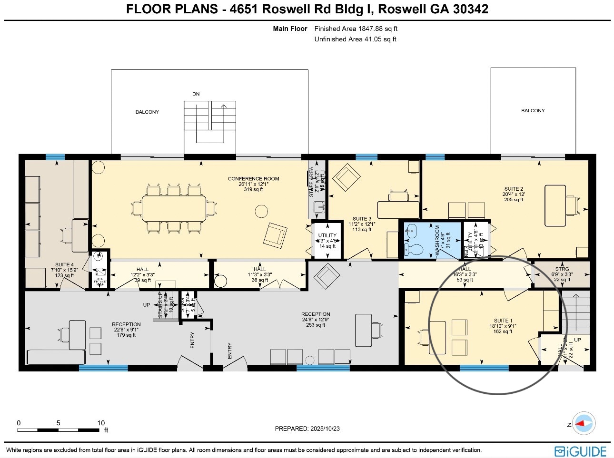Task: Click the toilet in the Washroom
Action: pyautogui.click(x=415, y=249)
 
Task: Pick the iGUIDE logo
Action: pyautogui.click(x=580, y=451)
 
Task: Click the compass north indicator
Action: pyautogui.click(x=583, y=423)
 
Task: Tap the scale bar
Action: pyautogui.click(x=59, y=430)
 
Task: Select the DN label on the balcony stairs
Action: pyautogui.click(x=196, y=94)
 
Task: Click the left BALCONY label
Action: pyautogui.click(x=147, y=112)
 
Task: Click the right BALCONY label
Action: pyautogui.click(x=533, y=111)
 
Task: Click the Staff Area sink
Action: pyautogui.click(x=319, y=206)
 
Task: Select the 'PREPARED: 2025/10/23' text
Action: pyautogui.click(x=307, y=429)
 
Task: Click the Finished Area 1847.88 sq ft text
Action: pyautogui.click(x=356, y=29)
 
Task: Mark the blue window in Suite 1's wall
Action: pyautogui.click(x=484, y=368)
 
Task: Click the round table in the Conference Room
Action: pyautogui.click(x=261, y=211)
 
